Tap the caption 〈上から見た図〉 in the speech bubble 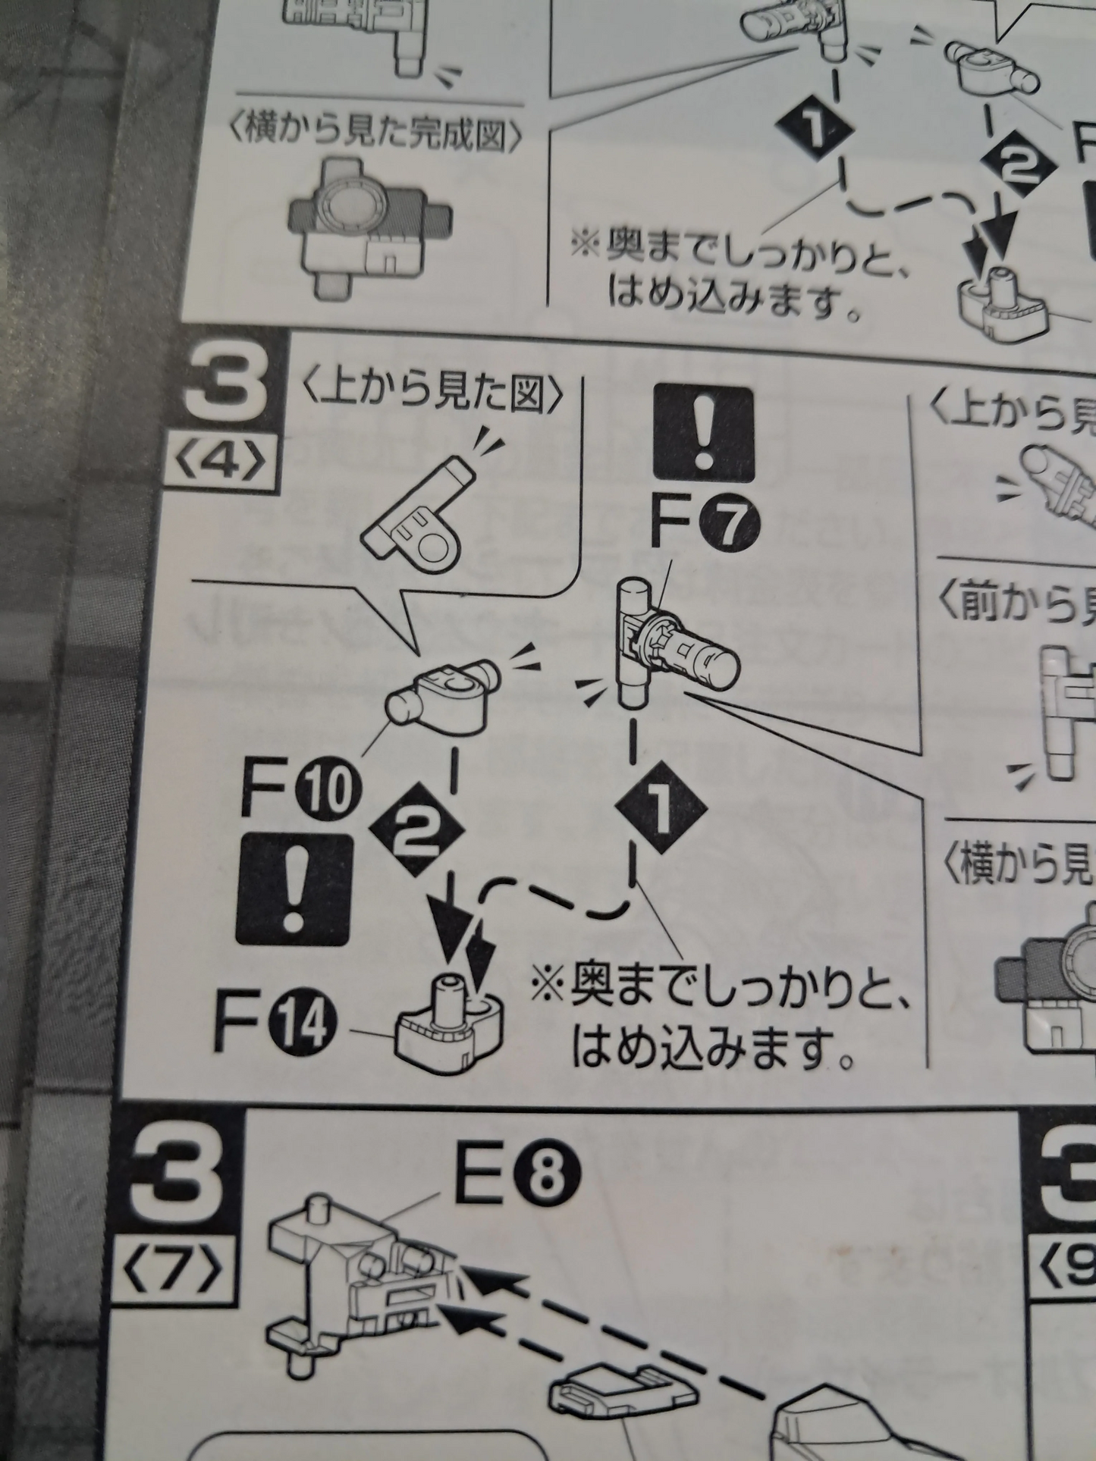point(434,393)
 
